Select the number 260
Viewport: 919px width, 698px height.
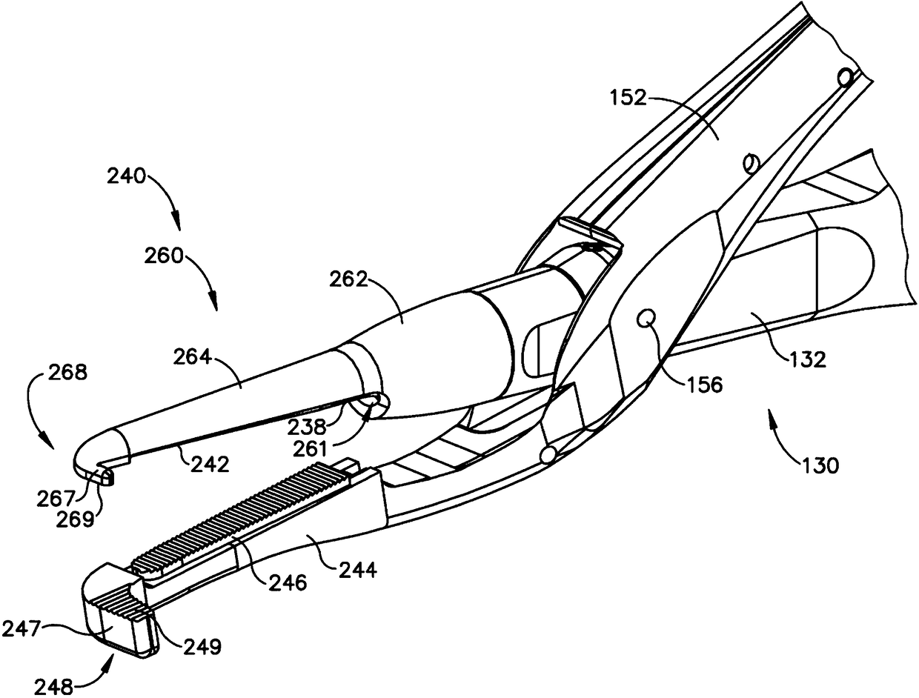165,256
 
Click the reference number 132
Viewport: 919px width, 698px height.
803,360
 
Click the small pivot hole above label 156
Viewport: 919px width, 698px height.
646,319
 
